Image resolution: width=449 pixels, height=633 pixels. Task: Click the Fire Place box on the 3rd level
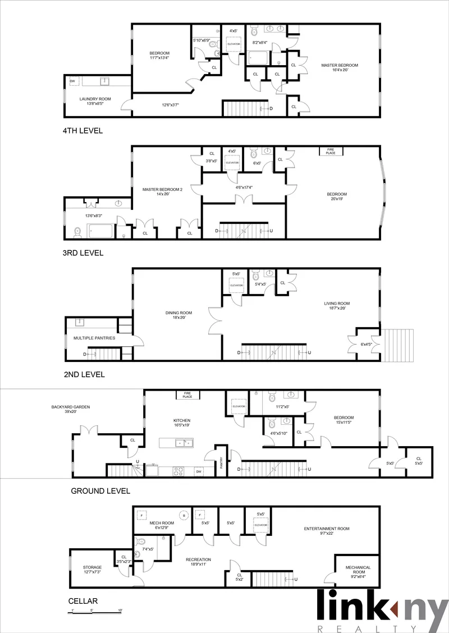coord(331,152)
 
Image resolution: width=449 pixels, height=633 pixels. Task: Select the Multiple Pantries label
coord(94,338)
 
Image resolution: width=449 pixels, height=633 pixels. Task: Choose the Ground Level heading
coord(100,490)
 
